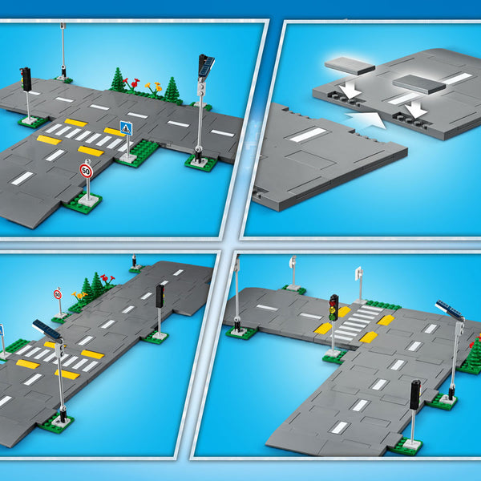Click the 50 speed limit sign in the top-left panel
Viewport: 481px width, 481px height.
[87, 171]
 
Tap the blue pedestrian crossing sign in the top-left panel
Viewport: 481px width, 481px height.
[126, 128]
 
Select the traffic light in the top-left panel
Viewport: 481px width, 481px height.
[26, 79]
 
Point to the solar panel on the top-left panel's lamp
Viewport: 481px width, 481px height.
[207, 65]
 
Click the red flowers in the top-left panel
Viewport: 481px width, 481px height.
[131, 83]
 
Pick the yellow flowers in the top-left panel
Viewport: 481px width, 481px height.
[154, 87]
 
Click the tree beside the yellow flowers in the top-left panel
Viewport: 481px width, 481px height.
[172, 88]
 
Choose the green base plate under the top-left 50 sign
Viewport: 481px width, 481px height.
[83, 203]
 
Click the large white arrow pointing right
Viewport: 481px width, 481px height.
[366, 119]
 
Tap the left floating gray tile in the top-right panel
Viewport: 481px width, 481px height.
[350, 66]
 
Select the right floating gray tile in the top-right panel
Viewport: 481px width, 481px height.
[418, 84]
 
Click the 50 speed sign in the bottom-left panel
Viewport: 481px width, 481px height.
[58, 294]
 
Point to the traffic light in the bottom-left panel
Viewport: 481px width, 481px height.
[160, 296]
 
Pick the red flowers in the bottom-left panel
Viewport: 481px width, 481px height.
[107, 279]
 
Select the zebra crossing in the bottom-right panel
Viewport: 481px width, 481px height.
[358, 322]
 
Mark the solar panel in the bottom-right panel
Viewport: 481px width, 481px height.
[450, 309]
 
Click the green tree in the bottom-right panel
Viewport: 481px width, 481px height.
[475, 354]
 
